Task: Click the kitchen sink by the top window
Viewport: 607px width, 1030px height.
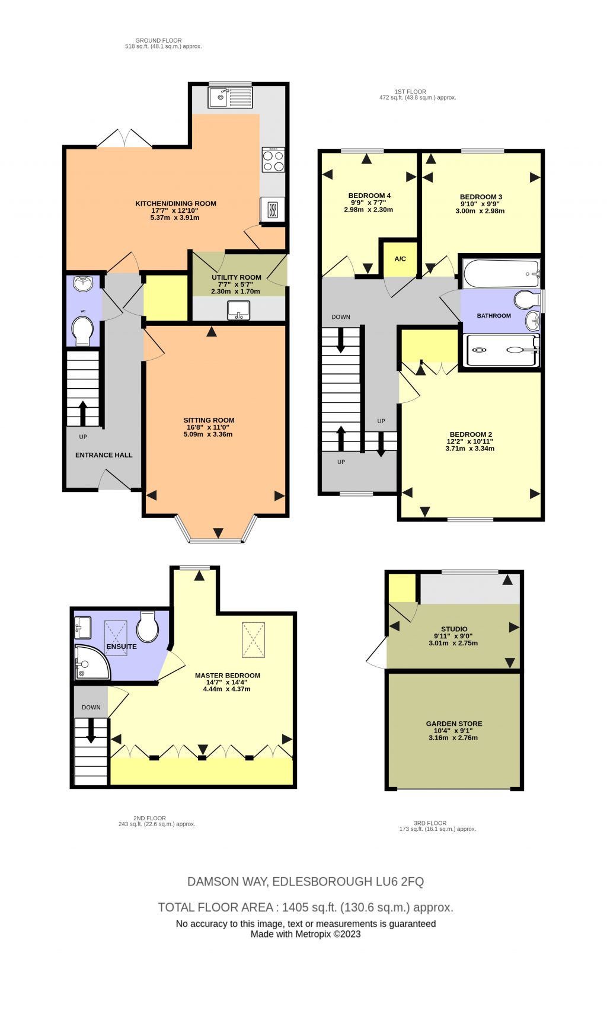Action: [x=230, y=97]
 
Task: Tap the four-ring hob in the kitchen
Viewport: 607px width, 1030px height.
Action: [x=273, y=160]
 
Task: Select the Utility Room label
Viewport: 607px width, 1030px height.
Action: [x=236, y=277]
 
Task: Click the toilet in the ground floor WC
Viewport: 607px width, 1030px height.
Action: [x=82, y=330]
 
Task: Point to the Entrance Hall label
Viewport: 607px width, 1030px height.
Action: [x=104, y=455]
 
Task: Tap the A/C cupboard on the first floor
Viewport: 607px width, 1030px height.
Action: [x=400, y=258]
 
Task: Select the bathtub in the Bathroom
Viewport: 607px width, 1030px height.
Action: [x=501, y=273]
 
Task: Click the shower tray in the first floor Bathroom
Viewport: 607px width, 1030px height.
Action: [x=501, y=350]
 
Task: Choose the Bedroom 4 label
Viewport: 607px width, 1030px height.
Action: [x=369, y=196]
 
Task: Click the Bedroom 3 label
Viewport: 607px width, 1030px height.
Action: [x=481, y=197]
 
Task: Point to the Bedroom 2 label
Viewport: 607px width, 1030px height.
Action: [x=471, y=434]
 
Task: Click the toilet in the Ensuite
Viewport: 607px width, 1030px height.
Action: [x=148, y=627]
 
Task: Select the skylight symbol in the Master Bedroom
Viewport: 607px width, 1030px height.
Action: [x=253, y=640]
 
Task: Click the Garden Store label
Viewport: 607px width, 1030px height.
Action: [x=454, y=724]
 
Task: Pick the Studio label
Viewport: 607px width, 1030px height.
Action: [x=454, y=629]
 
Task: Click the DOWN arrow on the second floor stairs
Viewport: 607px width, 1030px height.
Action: [x=91, y=730]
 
